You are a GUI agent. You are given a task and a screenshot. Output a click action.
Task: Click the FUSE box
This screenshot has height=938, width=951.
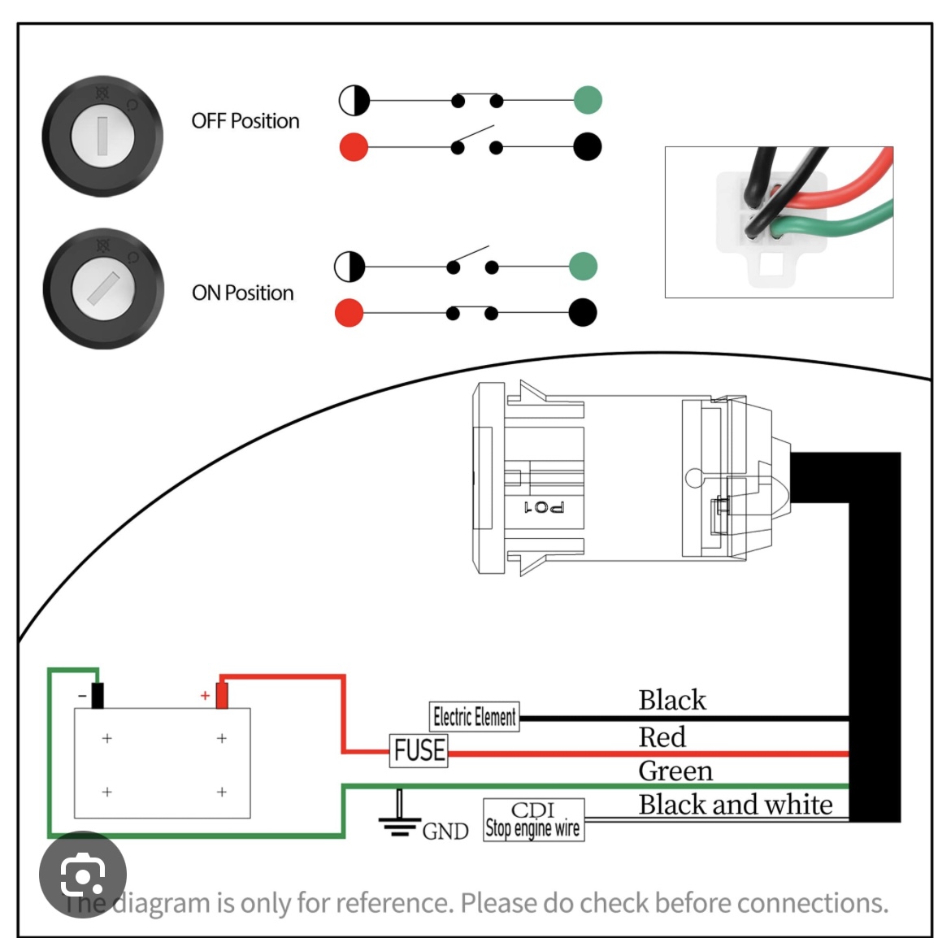419,749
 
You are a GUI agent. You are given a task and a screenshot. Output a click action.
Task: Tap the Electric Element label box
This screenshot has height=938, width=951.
474,717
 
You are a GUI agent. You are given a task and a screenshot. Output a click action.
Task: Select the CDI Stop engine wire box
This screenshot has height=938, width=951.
533,820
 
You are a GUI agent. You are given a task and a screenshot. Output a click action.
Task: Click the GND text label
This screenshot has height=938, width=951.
445,832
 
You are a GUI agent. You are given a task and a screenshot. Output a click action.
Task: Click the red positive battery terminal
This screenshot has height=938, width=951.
221,696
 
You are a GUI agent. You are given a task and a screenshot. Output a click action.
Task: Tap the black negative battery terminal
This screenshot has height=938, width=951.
98,696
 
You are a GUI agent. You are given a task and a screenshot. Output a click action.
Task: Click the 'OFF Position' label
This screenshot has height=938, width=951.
245,121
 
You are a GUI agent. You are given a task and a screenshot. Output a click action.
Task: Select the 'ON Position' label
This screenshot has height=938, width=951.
243,293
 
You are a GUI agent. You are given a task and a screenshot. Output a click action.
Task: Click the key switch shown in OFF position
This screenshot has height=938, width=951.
102,136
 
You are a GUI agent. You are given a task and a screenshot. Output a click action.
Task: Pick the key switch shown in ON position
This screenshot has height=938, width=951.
102,289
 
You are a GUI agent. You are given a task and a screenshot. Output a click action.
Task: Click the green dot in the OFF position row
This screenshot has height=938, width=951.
588,101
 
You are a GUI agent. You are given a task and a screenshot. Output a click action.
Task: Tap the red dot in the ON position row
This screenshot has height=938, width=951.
349,313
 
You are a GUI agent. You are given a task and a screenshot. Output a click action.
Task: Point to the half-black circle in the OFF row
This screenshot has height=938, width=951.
354,101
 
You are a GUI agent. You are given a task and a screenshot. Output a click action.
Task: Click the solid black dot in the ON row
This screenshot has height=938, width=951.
582,312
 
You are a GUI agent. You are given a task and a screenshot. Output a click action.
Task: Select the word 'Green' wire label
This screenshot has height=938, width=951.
675,771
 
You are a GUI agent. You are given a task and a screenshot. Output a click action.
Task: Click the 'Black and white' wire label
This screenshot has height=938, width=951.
736,805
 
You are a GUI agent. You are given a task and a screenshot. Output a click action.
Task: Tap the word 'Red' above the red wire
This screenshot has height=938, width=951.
662,737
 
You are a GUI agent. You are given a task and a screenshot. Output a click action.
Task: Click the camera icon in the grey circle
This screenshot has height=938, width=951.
82,875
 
